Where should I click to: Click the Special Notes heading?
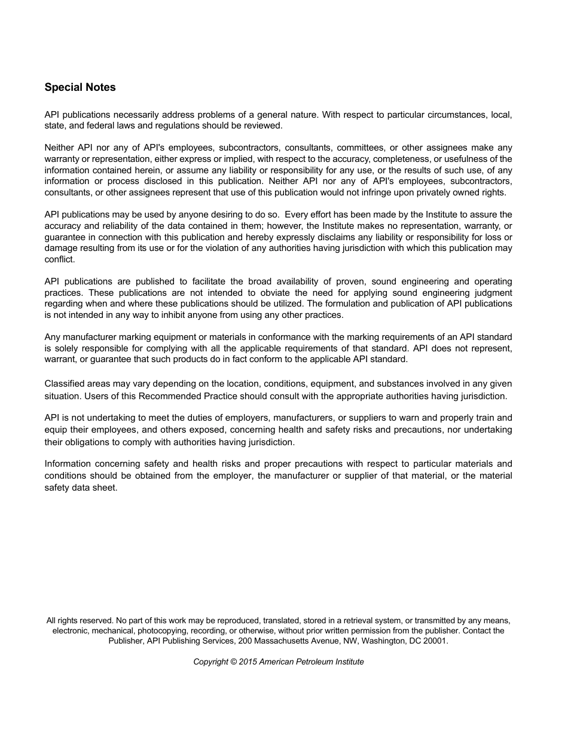pos(80,87)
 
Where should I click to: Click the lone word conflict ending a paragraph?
pos(59,259)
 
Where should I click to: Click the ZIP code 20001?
pos(435,641)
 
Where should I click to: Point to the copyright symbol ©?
pos(234,662)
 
